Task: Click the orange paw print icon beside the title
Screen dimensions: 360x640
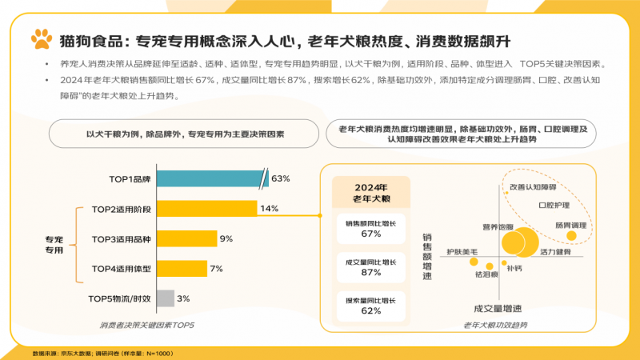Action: [41, 38]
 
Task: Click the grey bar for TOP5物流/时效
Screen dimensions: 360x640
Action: [165, 298]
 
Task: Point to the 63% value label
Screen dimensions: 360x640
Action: [281, 178]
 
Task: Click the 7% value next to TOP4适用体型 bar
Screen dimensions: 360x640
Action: [216, 269]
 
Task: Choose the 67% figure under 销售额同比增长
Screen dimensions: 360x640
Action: [370, 234]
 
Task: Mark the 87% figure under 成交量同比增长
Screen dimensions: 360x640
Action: [370, 272]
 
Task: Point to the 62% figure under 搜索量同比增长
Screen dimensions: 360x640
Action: [370, 310]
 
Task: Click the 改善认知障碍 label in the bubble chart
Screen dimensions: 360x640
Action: [532, 186]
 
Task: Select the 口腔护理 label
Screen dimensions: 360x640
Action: [554, 205]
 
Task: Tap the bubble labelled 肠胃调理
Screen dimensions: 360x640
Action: [571, 238]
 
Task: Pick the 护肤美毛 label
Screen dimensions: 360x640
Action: [462, 252]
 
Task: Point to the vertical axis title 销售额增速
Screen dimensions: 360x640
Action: [426, 256]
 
